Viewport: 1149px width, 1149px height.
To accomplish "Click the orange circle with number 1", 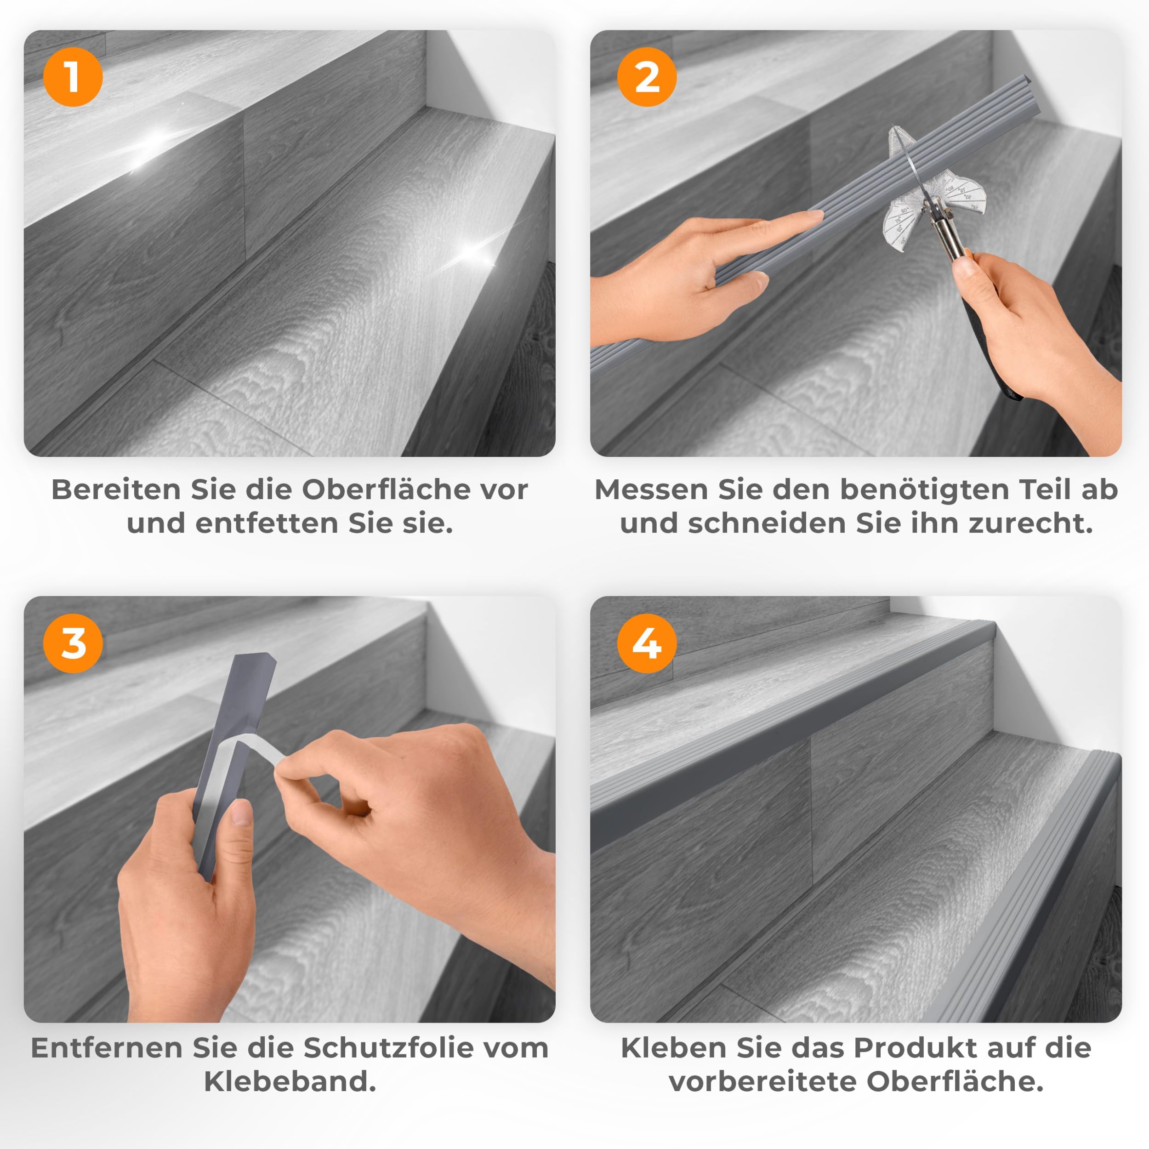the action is (x=73, y=77).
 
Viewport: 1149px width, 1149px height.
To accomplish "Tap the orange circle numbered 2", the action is (x=647, y=77).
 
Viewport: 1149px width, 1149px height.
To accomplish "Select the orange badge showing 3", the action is (x=73, y=643).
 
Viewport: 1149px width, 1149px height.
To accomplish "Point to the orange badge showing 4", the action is (x=647, y=643).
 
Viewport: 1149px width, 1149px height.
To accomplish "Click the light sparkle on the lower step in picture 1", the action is (x=473, y=253).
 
